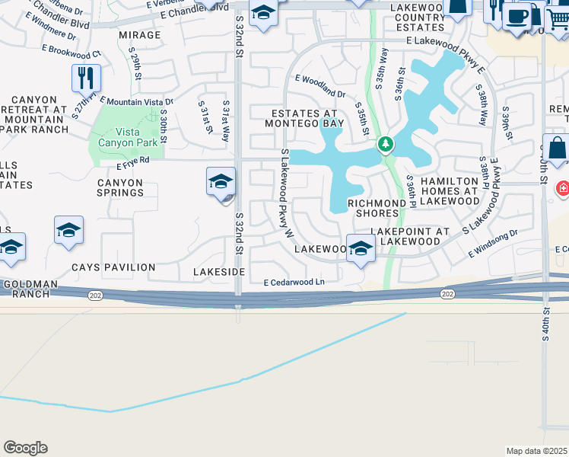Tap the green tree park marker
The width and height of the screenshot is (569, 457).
(386, 144)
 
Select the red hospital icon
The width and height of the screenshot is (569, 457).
(563, 187)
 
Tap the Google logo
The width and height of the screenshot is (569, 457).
(25, 448)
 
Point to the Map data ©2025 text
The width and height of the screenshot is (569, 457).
(536, 451)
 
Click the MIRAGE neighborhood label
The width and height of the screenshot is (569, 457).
(140, 35)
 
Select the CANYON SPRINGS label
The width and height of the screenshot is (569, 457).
(120, 187)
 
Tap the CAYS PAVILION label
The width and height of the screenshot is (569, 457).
(113, 267)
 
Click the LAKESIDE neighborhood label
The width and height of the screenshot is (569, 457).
(219, 271)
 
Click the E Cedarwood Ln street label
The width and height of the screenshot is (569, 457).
(294, 283)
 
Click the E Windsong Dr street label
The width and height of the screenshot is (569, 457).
(492, 243)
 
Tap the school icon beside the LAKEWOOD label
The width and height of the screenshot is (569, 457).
(361, 248)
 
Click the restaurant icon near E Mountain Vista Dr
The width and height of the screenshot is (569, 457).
(86, 78)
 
